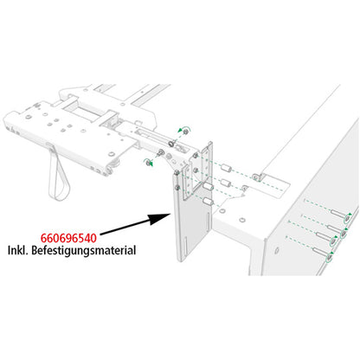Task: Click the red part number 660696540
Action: point(71,235)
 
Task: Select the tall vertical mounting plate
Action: point(185,225)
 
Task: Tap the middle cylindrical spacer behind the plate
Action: point(219,184)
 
